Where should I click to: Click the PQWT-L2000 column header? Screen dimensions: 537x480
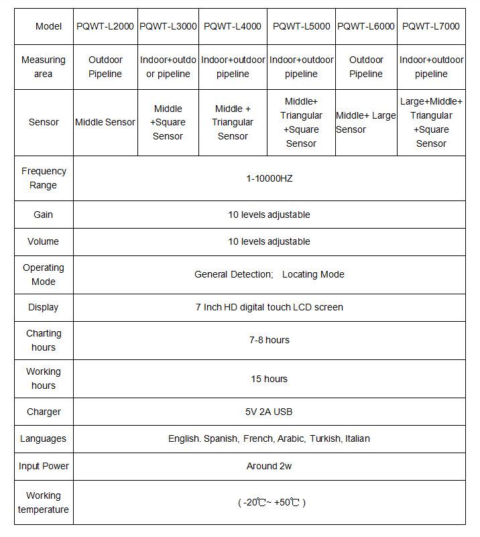(105, 26)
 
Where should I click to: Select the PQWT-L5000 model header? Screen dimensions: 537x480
(301, 26)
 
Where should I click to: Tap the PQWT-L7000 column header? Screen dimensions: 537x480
(431, 26)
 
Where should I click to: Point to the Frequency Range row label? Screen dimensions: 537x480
(44, 178)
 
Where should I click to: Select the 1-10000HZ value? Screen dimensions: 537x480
(269, 178)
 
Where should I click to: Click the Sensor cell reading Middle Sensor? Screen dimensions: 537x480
(105, 122)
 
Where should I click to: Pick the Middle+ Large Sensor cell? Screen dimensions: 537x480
(366, 122)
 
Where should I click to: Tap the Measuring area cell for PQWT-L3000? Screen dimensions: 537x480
(168, 67)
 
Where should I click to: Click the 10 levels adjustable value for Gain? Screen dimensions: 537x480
(269, 215)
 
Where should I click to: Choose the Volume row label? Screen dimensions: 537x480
(44, 241)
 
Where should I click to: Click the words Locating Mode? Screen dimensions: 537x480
(313, 274)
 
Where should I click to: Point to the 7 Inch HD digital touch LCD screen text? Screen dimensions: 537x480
(269, 307)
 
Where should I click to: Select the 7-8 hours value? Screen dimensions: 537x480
(269, 340)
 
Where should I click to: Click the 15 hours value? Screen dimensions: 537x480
(269, 379)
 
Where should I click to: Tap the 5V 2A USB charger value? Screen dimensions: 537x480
(269, 412)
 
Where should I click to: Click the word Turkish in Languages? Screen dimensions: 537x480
(324, 438)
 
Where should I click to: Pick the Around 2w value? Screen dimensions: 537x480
(269, 466)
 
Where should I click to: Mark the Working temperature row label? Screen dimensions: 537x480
(44, 502)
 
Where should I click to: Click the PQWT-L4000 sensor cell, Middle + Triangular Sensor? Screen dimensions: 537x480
(233, 122)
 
